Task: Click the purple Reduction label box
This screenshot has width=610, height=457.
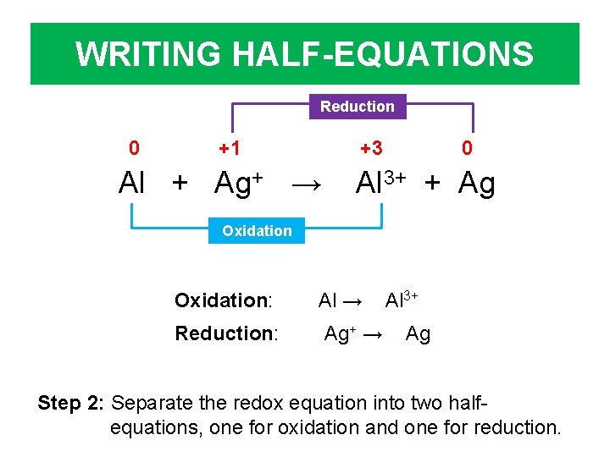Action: pyautogui.click(x=358, y=107)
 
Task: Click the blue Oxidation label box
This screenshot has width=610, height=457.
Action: pyautogui.click(x=257, y=230)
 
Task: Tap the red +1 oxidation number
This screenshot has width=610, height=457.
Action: pyautogui.click(x=229, y=149)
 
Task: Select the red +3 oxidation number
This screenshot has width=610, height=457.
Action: pyautogui.click(x=371, y=149)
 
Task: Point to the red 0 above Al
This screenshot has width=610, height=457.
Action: pyautogui.click(x=134, y=149)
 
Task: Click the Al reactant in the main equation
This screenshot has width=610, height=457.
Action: pyautogui.click(x=133, y=183)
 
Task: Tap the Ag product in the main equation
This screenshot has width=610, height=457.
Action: pyautogui.click(x=477, y=183)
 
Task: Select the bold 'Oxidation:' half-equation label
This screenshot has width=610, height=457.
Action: pyautogui.click(x=223, y=300)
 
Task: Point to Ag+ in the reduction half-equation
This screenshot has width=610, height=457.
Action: pyautogui.click(x=340, y=333)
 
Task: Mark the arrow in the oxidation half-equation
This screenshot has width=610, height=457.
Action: pyautogui.click(x=354, y=301)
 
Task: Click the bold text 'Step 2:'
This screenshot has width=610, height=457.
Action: pyautogui.click(x=71, y=402)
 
